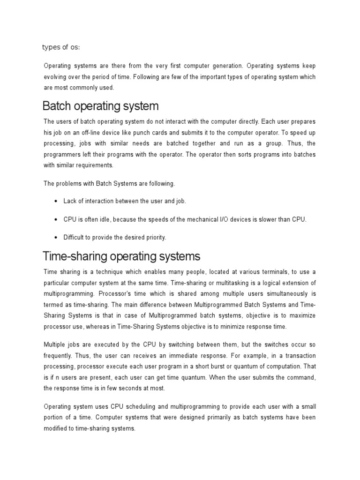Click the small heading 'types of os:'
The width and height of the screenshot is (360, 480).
(x=61, y=47)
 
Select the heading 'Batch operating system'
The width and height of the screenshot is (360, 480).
(x=100, y=105)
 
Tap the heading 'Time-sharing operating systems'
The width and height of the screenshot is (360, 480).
(x=121, y=256)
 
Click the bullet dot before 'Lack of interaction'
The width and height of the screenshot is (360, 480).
(x=56, y=201)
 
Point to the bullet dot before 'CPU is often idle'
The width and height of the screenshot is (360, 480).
(x=56, y=219)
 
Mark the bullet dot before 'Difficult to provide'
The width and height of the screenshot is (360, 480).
(x=56, y=238)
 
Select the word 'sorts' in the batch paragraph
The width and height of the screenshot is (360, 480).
(x=233, y=155)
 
